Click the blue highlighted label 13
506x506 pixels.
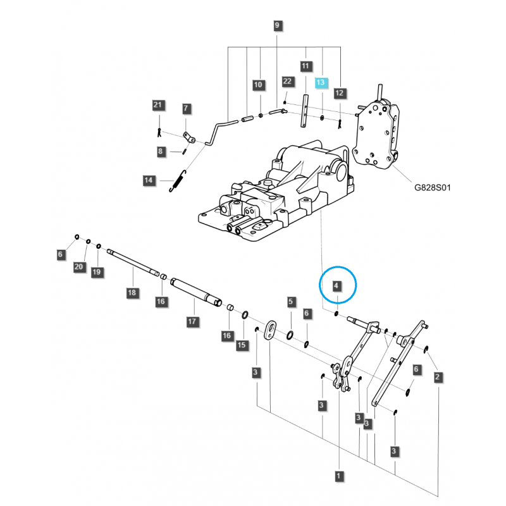point(321,83)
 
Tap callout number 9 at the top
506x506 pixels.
point(276,26)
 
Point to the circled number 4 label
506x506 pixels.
point(338,286)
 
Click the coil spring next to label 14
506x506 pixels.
point(178,182)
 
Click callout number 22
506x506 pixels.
point(287,82)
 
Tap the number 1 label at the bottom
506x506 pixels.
point(339,476)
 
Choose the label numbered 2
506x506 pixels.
point(438,378)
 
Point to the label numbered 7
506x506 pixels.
point(186,109)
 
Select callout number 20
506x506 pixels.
point(79,268)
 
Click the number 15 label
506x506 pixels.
point(241,345)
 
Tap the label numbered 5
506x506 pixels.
point(290,301)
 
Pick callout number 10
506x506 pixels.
point(258,85)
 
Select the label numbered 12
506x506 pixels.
point(340,93)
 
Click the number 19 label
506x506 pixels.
point(96,272)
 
